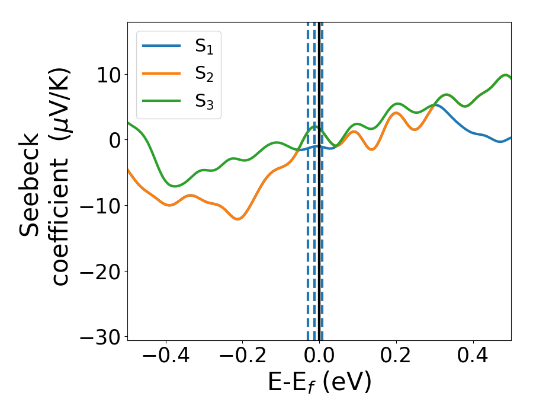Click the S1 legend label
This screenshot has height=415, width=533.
coord(204,47)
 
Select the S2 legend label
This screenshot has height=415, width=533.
coord(204,74)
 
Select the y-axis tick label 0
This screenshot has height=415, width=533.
coord(114,141)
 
